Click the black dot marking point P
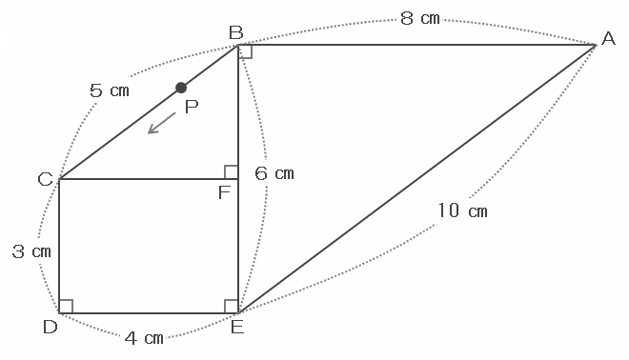point(181,88)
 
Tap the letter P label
point(192,107)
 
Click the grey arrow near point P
point(162,123)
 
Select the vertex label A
point(608,38)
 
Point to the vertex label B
point(236,32)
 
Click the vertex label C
point(46,179)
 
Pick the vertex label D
point(51,327)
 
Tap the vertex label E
point(237,328)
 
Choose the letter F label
point(224,193)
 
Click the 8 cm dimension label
point(420,18)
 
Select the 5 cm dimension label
point(110,90)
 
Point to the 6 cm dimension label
point(274,173)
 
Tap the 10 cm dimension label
point(461,210)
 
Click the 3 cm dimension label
point(31,251)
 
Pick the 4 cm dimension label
point(144,338)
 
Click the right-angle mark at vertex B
point(245,51)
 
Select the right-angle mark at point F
point(232,172)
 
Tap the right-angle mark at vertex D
point(66,307)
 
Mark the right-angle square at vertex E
point(232,307)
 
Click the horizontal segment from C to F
point(149,179)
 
